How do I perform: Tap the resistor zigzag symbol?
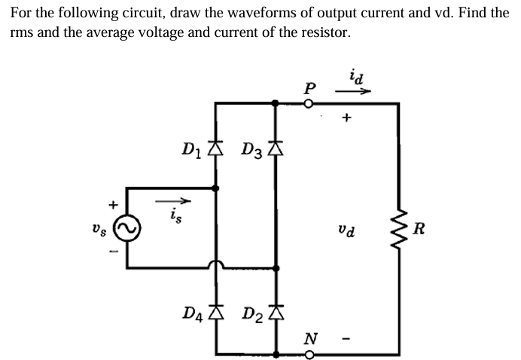[398, 227]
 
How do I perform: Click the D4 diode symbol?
[217, 310]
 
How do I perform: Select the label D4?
[194, 310]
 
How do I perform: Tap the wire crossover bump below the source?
[217, 264]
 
